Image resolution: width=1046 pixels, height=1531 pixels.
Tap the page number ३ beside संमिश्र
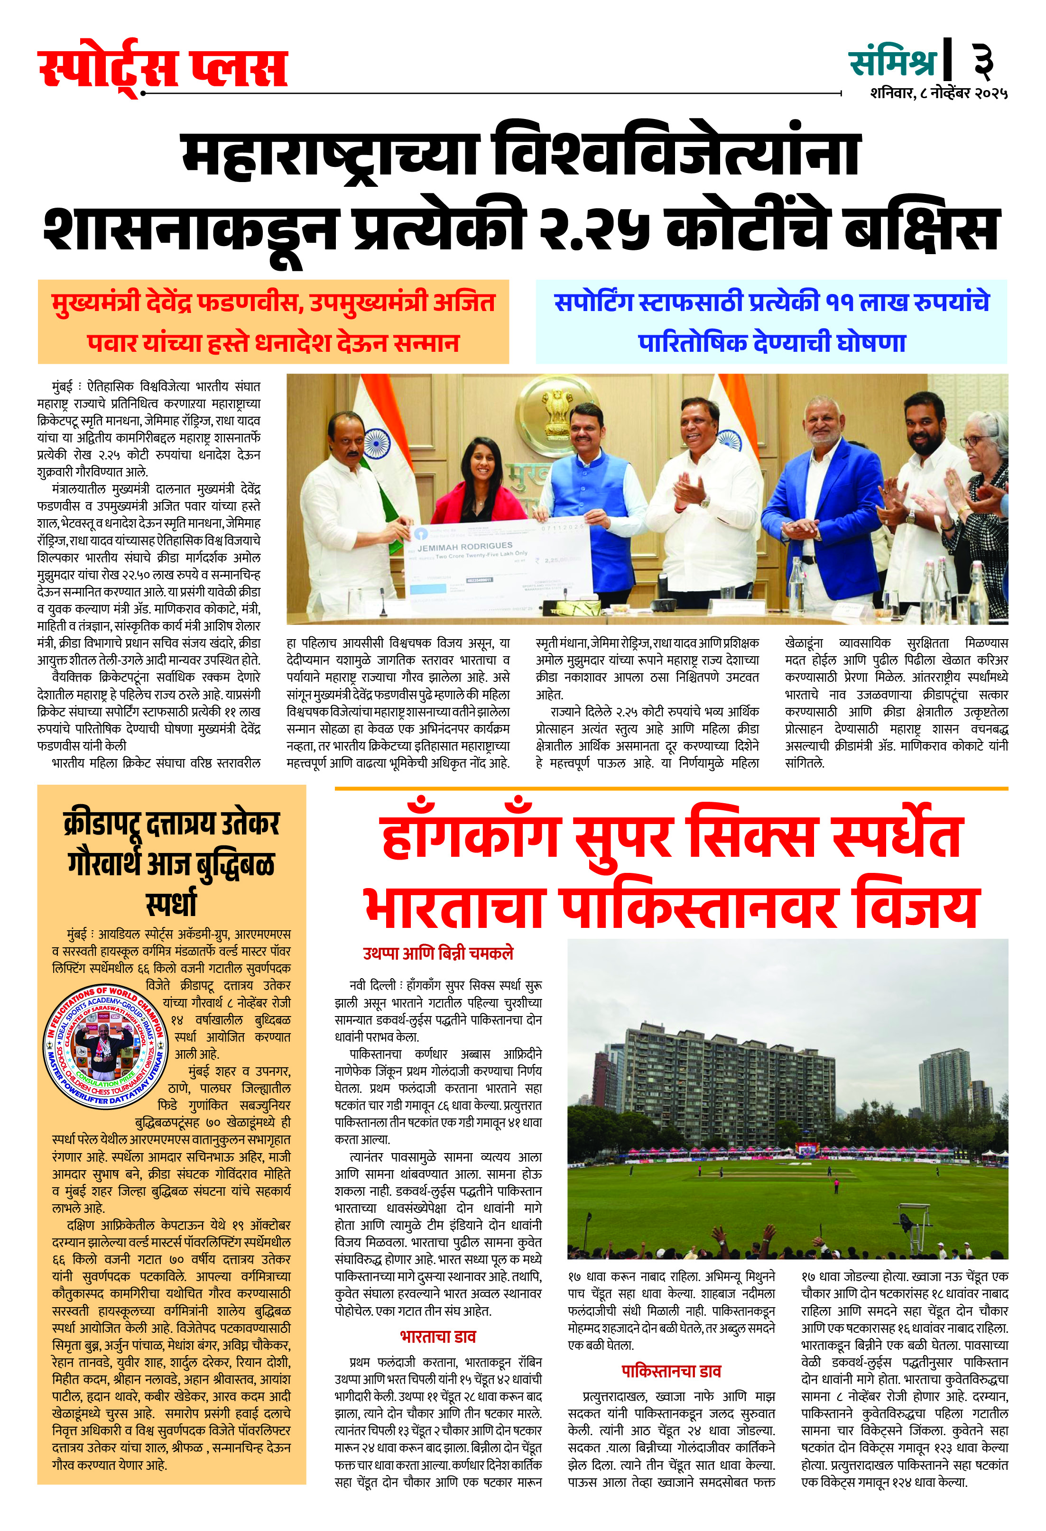click(x=983, y=61)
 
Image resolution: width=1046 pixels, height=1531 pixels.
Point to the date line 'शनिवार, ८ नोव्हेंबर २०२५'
click(x=939, y=93)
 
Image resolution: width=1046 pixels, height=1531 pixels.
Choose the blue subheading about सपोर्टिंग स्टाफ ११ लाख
click(x=771, y=321)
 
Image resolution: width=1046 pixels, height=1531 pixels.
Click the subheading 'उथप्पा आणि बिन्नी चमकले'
click(x=438, y=953)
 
